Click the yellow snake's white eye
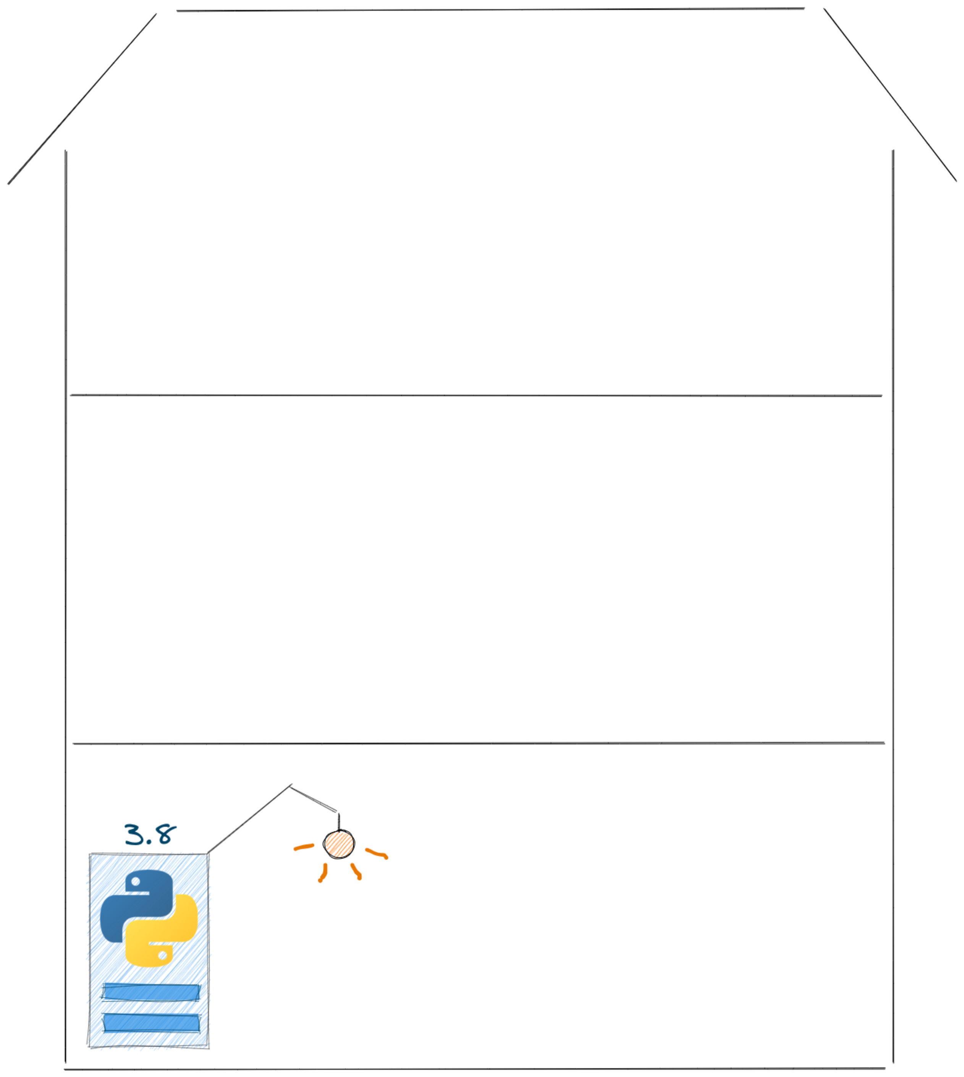click(163, 955)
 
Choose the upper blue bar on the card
click(151, 992)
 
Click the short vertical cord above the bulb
click(339, 822)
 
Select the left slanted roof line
click(82, 99)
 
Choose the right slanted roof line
click(890, 95)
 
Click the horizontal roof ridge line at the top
click(490, 10)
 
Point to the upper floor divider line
click(476, 395)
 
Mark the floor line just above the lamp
click(479, 743)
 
